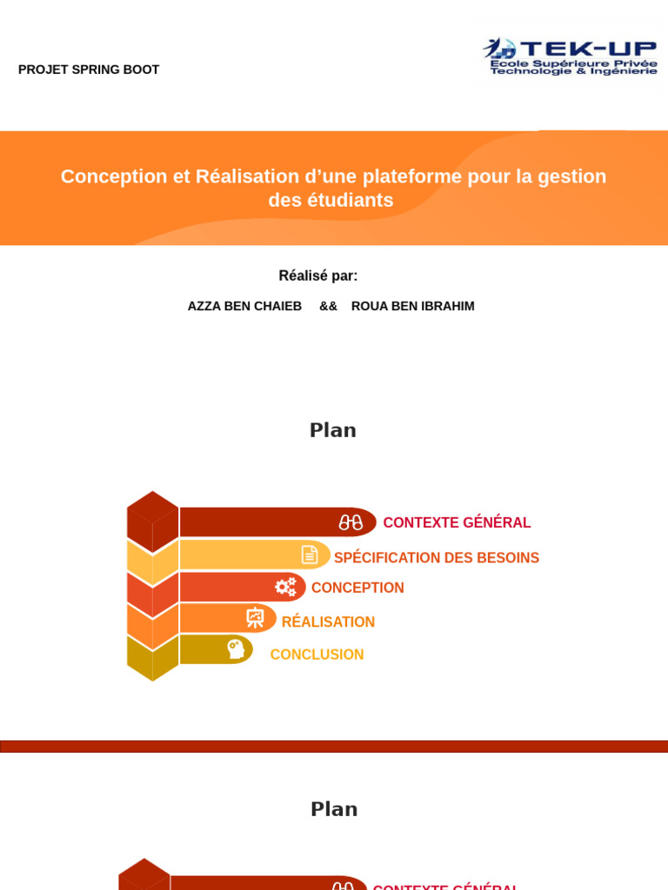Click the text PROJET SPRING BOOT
89,70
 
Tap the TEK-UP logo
571,56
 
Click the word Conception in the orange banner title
113,176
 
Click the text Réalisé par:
317,276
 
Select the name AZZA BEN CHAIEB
244,306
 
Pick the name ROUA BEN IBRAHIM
412,306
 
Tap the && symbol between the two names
328,306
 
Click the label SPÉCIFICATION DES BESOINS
437,558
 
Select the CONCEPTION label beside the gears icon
357,588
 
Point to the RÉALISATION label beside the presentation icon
328,622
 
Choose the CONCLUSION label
317,654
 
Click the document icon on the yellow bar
310,555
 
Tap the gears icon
285,587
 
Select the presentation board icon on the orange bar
255,618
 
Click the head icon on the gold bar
235,649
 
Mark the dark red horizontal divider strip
334,746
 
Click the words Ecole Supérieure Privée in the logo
573,63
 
